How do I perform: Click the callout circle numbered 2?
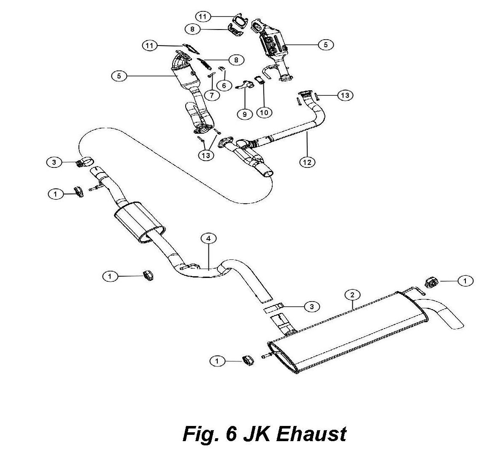click(x=352, y=295)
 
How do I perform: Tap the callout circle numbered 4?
click(x=208, y=238)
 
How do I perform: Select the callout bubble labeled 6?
click(x=224, y=85)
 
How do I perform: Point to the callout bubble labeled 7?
click(x=212, y=95)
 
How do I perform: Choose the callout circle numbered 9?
click(x=245, y=114)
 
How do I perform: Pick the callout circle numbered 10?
click(x=264, y=113)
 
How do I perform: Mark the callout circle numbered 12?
click(x=308, y=162)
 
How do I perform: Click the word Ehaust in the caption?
click(x=311, y=434)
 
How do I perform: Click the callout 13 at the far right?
click(x=345, y=95)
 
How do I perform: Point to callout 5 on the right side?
click(x=326, y=45)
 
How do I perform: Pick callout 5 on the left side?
click(x=119, y=76)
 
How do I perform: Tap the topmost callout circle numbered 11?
click(x=203, y=16)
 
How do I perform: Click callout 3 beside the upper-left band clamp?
click(x=54, y=162)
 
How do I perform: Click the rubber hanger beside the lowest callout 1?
click(x=248, y=360)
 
